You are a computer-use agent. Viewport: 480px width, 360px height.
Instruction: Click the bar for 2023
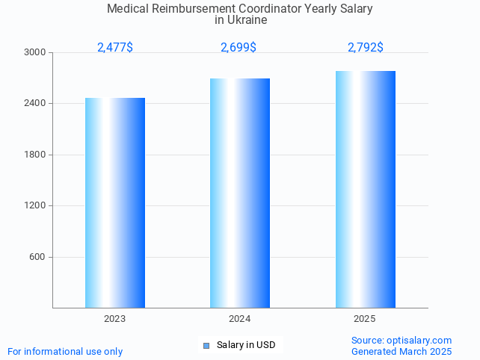(115, 202)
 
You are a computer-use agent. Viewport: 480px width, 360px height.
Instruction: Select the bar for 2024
(240, 193)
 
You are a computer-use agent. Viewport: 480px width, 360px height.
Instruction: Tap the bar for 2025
(365, 189)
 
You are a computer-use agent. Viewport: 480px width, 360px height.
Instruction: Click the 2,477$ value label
(115, 48)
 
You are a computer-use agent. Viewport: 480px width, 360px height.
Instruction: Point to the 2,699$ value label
(239, 48)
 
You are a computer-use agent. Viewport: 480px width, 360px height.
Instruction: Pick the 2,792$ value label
(365, 48)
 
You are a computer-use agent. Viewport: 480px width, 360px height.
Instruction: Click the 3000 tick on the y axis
(36, 53)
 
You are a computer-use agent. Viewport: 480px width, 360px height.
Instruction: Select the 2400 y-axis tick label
(36, 104)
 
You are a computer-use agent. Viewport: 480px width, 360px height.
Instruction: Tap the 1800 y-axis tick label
(36, 155)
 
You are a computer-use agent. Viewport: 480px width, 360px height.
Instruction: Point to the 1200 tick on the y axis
(36, 206)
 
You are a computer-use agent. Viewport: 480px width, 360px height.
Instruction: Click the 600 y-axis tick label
(38, 257)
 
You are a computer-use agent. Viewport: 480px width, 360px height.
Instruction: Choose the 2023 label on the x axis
(115, 319)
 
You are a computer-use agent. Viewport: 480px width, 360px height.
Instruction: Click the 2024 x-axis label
(240, 319)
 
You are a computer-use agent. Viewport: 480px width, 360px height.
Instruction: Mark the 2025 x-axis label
(365, 319)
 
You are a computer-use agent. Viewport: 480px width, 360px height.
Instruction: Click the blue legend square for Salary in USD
(206, 345)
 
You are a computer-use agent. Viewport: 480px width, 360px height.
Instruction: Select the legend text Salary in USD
(246, 345)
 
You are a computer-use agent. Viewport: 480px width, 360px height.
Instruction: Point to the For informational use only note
(65, 352)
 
